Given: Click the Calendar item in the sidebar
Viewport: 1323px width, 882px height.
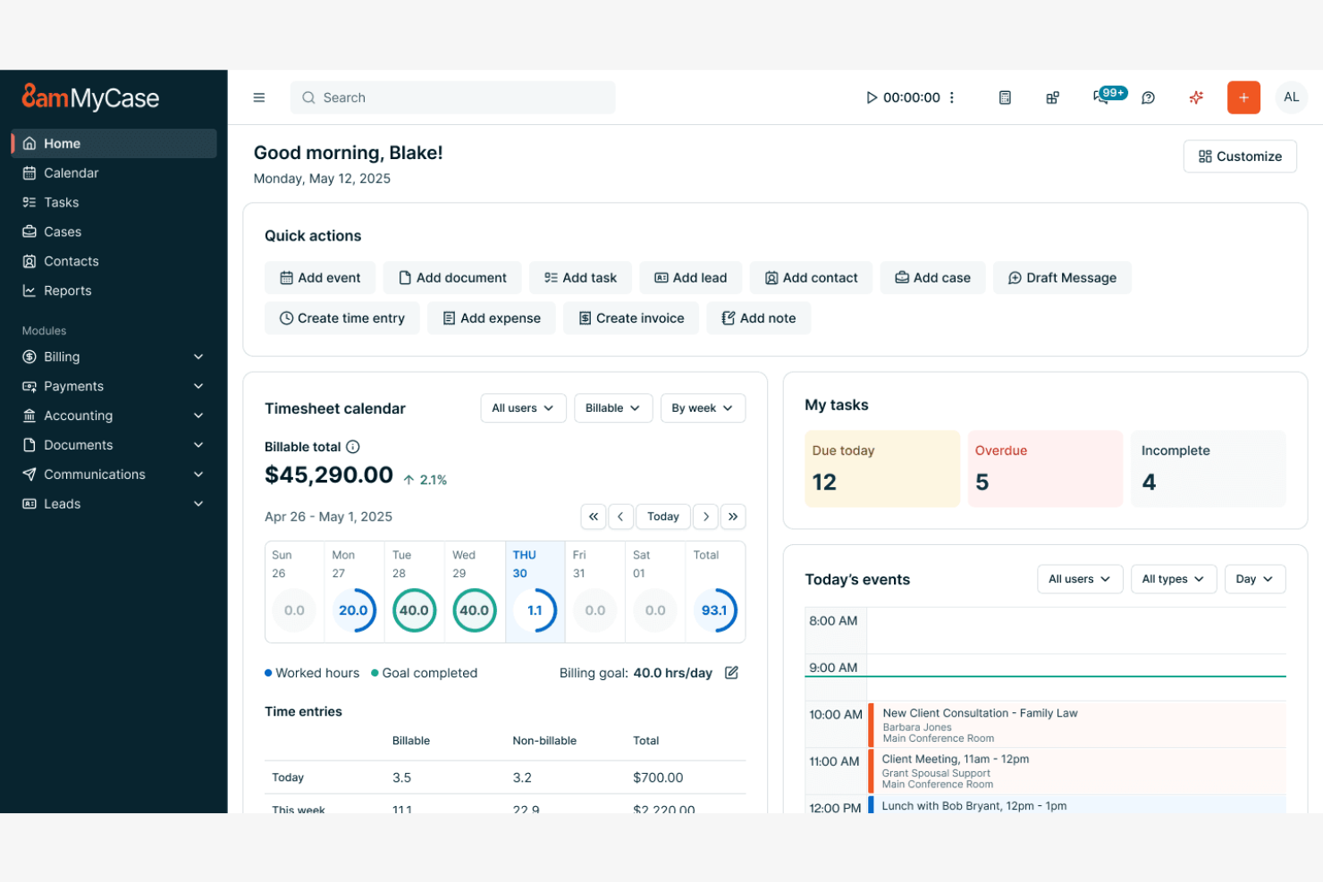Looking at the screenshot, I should (71, 173).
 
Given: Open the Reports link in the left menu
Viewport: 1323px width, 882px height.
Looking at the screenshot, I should (67, 290).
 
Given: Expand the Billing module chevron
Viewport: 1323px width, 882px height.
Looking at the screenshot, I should (198, 357).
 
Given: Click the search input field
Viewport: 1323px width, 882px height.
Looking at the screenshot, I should (452, 97).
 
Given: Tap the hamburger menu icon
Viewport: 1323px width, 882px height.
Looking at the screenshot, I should (259, 97).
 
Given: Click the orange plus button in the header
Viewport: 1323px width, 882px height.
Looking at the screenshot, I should (1243, 97).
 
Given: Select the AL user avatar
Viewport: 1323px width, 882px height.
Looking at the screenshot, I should (1291, 97).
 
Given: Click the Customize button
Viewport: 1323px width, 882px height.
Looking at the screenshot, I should (1240, 156).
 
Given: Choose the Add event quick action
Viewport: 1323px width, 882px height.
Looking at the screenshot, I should (320, 278).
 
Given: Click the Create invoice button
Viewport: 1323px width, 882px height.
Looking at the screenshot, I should (631, 318).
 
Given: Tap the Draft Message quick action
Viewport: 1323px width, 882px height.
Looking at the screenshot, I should (1062, 278).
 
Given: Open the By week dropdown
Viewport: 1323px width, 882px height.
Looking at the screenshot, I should (703, 408).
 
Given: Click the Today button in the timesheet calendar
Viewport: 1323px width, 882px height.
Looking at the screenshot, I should (663, 517).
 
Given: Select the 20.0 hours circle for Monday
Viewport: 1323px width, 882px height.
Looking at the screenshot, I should (354, 610).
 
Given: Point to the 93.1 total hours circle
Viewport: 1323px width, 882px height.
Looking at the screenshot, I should (714, 610).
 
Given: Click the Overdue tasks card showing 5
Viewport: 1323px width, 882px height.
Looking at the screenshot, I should (1044, 469).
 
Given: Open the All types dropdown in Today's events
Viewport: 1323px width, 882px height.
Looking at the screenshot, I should (1173, 579).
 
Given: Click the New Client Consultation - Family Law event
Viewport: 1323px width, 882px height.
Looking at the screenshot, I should (980, 713).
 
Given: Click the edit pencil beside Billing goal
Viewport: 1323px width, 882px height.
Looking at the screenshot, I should (731, 673).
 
